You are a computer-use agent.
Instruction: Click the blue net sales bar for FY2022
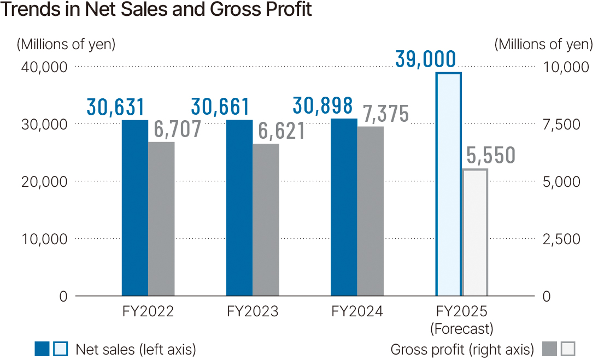(x=135, y=208)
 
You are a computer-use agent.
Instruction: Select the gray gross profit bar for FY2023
(x=266, y=220)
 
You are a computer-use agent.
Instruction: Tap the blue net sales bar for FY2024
(x=344, y=207)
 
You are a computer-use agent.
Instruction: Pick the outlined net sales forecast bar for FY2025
(x=448, y=184)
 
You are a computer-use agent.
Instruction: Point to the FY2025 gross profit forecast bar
(x=474, y=233)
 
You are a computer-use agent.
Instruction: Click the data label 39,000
(x=425, y=59)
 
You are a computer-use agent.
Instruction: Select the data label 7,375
(x=385, y=114)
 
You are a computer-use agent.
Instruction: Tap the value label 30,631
(x=115, y=107)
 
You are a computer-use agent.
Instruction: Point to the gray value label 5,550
(x=491, y=156)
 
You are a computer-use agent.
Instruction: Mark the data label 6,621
(x=281, y=131)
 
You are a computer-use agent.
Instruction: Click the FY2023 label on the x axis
(x=253, y=312)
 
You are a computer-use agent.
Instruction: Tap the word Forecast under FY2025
(x=462, y=329)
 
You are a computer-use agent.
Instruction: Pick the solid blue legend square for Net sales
(x=42, y=349)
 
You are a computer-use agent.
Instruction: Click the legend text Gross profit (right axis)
(x=462, y=349)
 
